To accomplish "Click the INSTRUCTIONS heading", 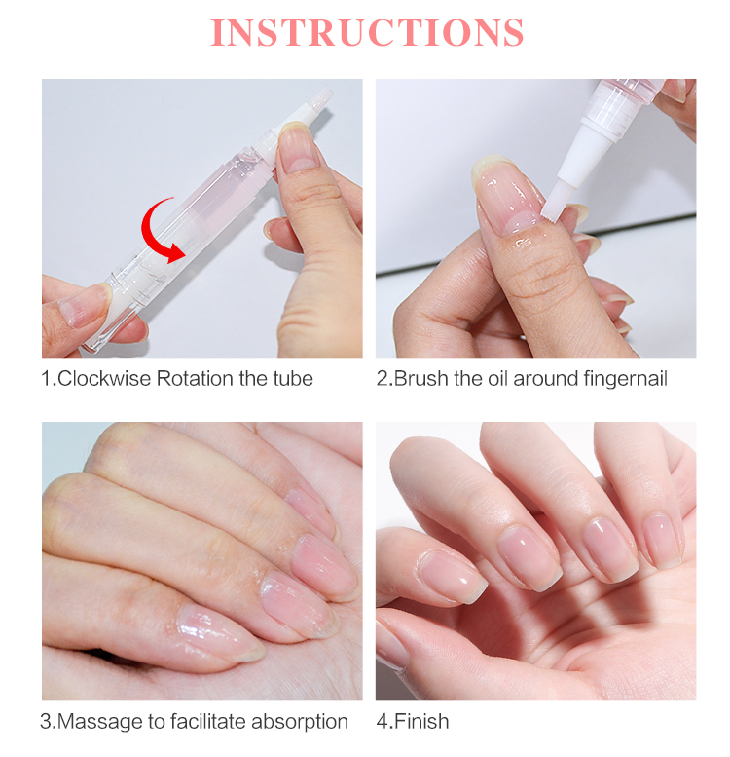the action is point(367,32).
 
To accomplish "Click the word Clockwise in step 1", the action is point(104,378).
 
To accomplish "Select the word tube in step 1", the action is point(293,378).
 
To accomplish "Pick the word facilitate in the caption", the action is point(208,722).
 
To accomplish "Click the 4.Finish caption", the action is point(413,722).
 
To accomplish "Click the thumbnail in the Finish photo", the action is point(453,576).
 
